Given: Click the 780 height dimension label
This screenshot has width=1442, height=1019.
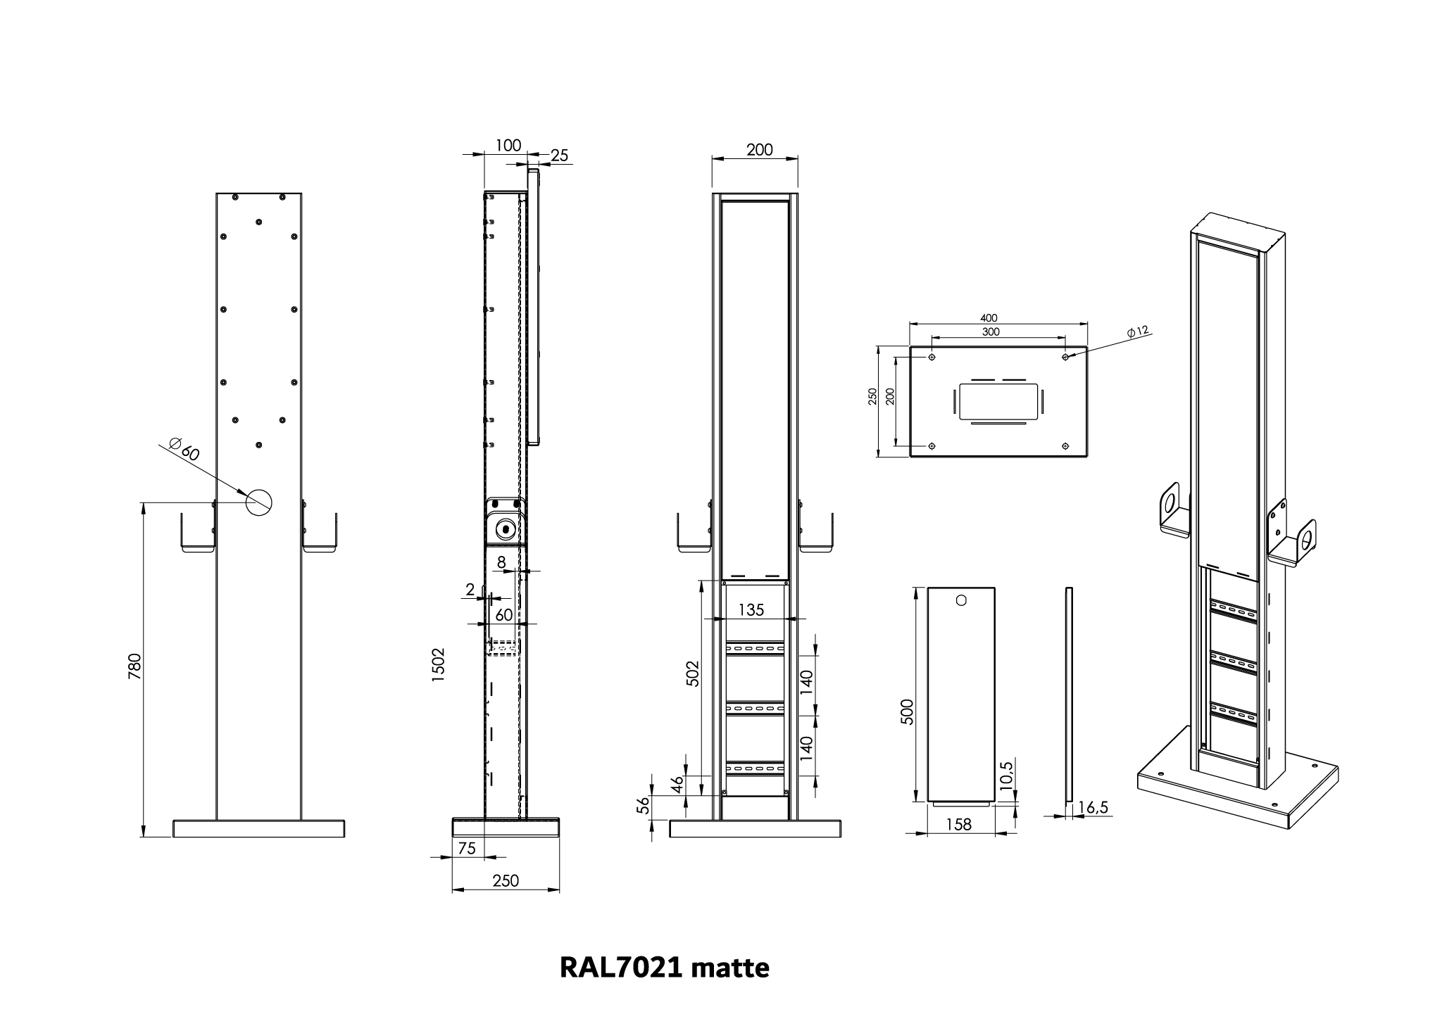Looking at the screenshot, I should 135,666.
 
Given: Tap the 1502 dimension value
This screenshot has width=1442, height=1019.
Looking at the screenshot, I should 439,664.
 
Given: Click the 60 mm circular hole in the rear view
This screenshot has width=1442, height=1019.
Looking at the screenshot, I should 258,501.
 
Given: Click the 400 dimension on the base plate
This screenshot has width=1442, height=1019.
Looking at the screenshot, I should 989,319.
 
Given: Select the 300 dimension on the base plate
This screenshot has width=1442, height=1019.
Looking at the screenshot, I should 990,331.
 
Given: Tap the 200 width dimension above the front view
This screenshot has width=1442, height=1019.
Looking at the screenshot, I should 759,149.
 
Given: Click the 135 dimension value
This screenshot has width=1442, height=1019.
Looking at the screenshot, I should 751,610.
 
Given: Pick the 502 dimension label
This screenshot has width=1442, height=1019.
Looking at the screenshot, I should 694,673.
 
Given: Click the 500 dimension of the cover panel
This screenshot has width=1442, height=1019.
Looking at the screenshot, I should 906,712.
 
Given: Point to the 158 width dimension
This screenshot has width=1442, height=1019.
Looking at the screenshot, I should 959,824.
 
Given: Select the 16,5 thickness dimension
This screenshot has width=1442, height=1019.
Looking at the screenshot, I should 1093,807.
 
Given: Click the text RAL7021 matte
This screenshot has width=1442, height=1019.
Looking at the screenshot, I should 664,968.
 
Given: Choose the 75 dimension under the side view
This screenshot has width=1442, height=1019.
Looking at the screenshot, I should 467,849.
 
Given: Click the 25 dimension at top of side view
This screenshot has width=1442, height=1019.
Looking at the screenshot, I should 559,156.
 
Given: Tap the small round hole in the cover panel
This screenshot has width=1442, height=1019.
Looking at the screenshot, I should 962,601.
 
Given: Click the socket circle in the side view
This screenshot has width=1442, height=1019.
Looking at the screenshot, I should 505,529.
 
